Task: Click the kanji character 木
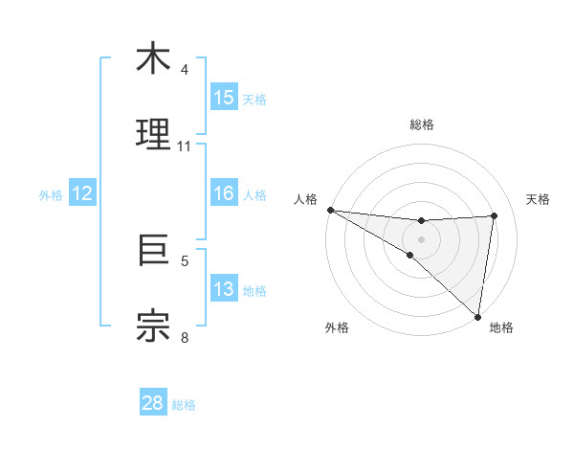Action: tap(153, 60)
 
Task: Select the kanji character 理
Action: tap(153, 135)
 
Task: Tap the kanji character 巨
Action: tap(153, 251)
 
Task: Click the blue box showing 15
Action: tap(224, 98)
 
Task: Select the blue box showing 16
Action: tap(224, 193)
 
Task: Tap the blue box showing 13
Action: tap(224, 289)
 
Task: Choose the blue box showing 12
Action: tap(82, 193)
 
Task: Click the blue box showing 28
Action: tap(153, 403)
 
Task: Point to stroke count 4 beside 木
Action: tap(185, 69)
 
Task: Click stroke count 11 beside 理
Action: tap(185, 146)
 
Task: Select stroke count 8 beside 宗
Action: tap(185, 336)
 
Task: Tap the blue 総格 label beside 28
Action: tap(184, 405)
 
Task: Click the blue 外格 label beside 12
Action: tap(51, 195)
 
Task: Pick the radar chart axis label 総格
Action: tap(422, 124)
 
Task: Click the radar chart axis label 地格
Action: tap(501, 327)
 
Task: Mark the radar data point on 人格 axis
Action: tap(330, 210)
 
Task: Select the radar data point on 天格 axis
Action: tap(494, 215)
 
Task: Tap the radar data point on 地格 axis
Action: tap(478, 317)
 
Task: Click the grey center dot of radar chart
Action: tap(422, 237)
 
